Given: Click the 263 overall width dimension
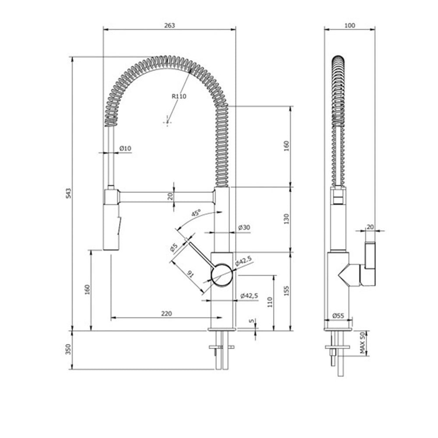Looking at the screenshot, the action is pos(170,25).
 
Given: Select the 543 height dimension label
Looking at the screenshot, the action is pos(68,193).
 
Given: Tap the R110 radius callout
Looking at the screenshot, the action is pos(179,96).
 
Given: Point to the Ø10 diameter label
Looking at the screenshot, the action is pos(125,148).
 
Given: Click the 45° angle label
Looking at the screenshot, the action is pos(196,213).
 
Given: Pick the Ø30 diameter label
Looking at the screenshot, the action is pos(244,227).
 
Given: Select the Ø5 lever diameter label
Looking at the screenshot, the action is pos(174,247).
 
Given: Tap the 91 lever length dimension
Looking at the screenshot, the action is pos(190,274).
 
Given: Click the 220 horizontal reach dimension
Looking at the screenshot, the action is pos(166,314).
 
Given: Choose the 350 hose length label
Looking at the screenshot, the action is pos(68,349).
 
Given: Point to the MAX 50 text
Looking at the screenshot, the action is pos(362,343).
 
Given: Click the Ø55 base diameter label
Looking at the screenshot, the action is pos(338,316).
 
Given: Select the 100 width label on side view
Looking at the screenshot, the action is pos(350,25).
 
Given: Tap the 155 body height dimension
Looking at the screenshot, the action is pos(286,291).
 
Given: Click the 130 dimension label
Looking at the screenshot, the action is pos(286,219).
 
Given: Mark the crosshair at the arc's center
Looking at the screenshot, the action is pos(167,122).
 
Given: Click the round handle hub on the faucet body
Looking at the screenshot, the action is pos(222,275).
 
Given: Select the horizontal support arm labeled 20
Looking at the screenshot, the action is pos(167,197).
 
